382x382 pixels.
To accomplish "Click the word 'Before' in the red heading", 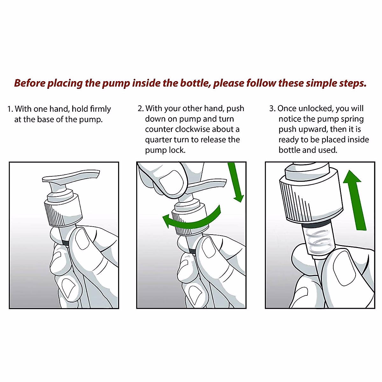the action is pos(30,83).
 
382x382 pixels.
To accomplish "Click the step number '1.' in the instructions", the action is pos(10,109).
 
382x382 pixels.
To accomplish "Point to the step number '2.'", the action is pos(141,109).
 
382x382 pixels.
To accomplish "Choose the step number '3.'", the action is pos(272,109).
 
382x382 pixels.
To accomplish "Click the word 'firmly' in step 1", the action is pos(100,109).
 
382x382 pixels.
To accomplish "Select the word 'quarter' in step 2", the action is pos(158,140).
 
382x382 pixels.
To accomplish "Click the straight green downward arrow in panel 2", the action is pos(236,182).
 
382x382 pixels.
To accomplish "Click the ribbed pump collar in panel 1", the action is pos(63,214).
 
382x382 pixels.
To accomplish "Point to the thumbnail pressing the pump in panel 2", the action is pos(170,180).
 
